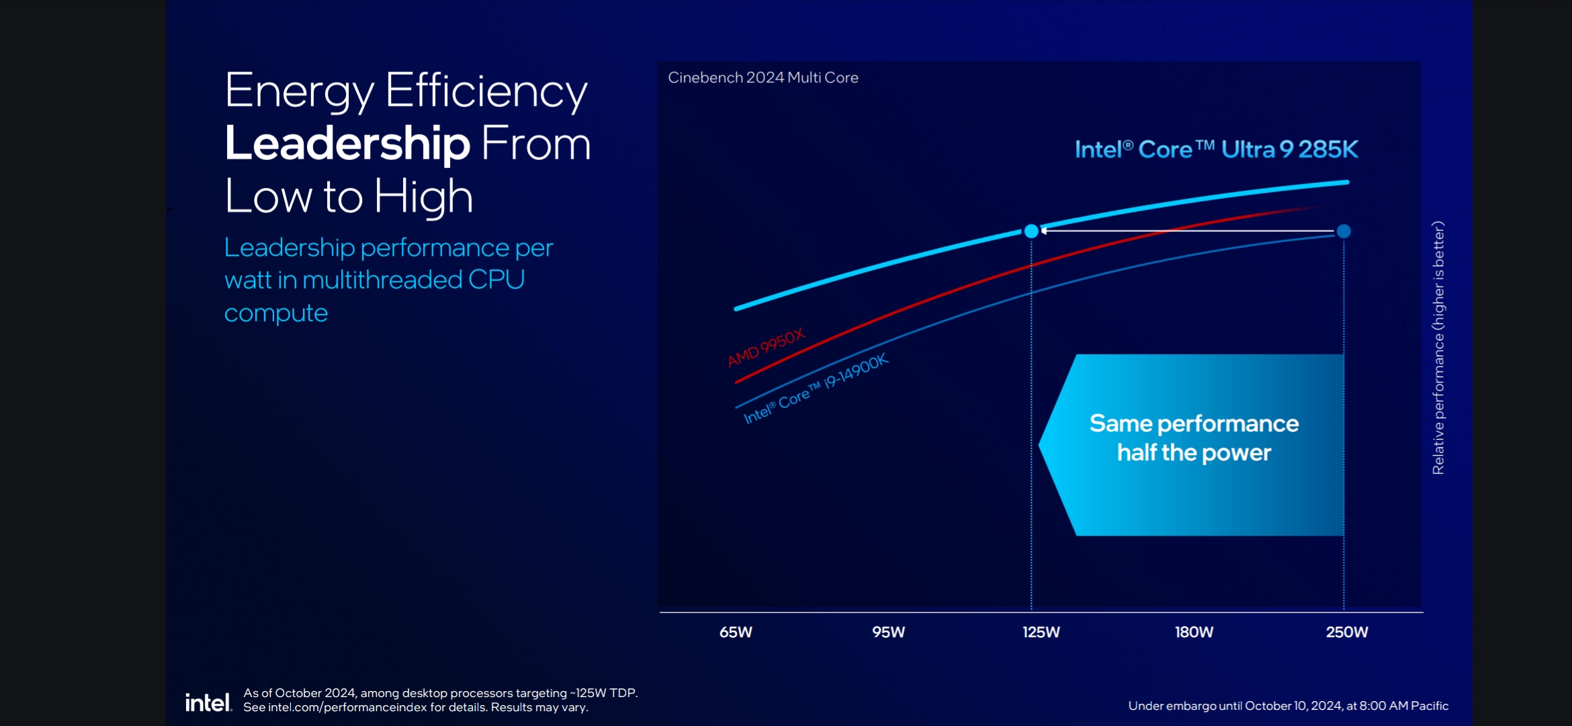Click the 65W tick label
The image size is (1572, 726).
(x=736, y=632)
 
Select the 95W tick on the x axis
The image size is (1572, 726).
(x=888, y=632)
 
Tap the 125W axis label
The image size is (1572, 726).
(x=1041, y=632)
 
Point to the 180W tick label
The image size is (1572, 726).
(x=1194, y=632)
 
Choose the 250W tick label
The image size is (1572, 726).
(x=1346, y=632)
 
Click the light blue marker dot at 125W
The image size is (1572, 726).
(x=1031, y=231)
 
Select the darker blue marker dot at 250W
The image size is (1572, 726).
(x=1344, y=231)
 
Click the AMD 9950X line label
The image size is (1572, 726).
(x=766, y=348)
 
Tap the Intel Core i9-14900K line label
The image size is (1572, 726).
(x=816, y=388)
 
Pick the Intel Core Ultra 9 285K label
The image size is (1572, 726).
(x=1216, y=149)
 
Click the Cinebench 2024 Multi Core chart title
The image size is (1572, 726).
(x=762, y=78)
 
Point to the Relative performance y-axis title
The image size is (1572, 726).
(x=1438, y=348)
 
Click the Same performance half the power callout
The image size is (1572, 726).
(x=1193, y=438)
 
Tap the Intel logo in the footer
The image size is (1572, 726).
(x=208, y=702)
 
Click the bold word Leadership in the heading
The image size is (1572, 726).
(x=347, y=144)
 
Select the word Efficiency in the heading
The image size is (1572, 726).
(x=486, y=91)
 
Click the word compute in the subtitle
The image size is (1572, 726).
(x=275, y=313)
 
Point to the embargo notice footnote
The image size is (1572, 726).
(x=1288, y=706)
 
